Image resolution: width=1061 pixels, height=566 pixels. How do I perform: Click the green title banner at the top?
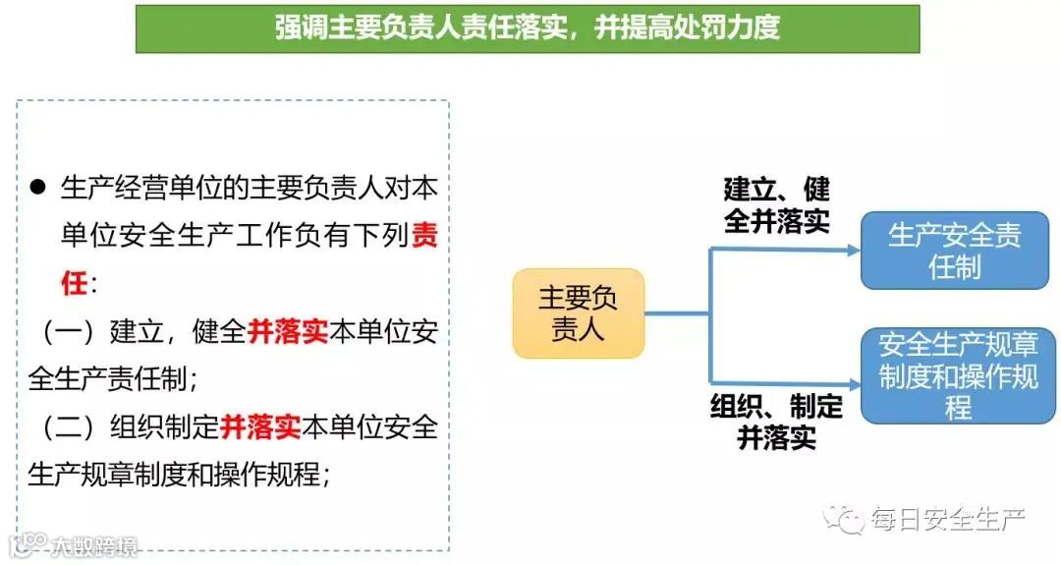click(x=528, y=28)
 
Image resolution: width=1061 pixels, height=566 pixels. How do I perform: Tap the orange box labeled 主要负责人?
click(x=578, y=312)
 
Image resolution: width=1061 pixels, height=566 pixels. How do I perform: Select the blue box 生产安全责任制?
click(x=954, y=250)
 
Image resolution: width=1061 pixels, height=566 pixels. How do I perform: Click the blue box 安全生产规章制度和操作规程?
click(x=958, y=375)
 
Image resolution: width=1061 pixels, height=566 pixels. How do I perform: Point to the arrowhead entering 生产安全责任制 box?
click(x=854, y=250)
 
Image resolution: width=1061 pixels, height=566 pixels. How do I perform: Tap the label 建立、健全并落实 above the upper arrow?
click(x=776, y=204)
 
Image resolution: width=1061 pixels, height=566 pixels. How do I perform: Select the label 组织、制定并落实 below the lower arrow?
click(x=776, y=421)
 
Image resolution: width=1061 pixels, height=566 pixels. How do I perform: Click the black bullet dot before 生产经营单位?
click(x=38, y=187)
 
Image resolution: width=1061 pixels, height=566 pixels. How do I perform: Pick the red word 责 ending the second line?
click(x=424, y=236)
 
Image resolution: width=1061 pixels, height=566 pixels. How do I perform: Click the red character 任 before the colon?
click(x=75, y=284)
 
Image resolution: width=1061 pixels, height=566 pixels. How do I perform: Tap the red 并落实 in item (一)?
click(x=288, y=331)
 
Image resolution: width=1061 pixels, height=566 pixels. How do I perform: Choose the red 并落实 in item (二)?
click(x=260, y=426)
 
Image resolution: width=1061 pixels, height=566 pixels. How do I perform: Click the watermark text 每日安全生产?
click(x=947, y=519)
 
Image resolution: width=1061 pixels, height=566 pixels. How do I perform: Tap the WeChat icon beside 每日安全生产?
click(x=843, y=518)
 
